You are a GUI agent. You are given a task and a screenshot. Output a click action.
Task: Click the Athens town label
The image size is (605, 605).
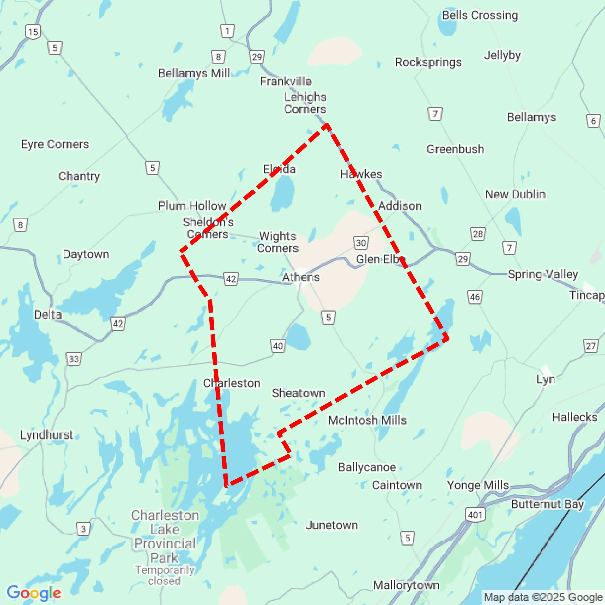pos(301,277)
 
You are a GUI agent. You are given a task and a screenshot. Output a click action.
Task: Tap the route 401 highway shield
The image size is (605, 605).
pos(475,515)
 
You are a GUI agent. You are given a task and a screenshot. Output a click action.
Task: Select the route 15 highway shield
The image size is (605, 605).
pos(33,32)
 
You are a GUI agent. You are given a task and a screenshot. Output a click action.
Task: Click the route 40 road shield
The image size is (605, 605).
pos(278,346)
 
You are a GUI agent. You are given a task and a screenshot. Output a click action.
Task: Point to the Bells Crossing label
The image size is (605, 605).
pos(480,15)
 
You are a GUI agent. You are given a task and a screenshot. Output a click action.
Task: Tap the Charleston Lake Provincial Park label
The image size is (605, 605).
pos(164,537)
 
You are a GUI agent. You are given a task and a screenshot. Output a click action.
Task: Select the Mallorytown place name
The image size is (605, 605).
pos(406,585)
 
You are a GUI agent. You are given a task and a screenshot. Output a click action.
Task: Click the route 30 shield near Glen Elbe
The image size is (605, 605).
pos(361,243)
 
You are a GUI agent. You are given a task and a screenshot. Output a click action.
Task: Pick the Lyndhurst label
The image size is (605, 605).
pos(47,435)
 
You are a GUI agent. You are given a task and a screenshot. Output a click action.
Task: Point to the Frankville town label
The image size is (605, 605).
pos(285,81)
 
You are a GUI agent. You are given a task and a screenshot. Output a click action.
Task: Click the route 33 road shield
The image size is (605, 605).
pos(74,358)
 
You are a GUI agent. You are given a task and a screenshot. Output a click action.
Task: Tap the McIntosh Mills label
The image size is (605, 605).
pos(367,420)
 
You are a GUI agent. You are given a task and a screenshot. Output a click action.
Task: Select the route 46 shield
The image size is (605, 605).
pos(475,297)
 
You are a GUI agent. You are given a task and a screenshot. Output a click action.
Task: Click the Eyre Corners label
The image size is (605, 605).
pos(55,144)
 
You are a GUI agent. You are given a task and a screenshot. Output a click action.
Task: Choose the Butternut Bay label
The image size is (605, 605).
pos(547,504)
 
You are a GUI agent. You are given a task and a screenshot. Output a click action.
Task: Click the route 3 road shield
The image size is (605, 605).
pos(83,529)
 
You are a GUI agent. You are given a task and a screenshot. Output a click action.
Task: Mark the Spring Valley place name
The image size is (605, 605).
pos(543,274)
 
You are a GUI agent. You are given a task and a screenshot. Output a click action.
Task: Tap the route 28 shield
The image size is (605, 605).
pos(477,234)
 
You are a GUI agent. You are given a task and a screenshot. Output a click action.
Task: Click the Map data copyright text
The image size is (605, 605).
pos(543,597)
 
